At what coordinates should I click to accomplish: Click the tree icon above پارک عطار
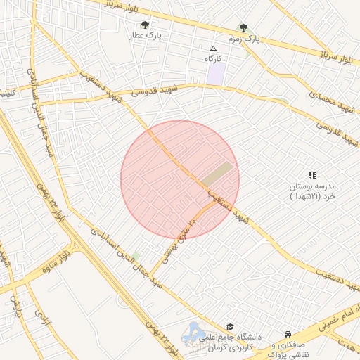click(146, 25)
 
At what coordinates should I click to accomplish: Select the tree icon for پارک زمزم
click(243, 27)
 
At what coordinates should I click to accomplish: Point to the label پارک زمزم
click(243, 39)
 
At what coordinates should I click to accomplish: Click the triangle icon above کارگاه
click(213, 49)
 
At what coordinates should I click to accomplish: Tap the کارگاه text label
click(213, 58)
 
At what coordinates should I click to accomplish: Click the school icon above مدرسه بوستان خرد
click(312, 175)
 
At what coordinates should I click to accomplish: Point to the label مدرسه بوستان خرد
click(314, 191)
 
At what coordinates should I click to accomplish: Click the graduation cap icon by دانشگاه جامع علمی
click(230, 327)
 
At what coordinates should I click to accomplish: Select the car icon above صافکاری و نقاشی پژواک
click(288, 334)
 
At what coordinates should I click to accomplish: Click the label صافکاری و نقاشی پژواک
click(288, 349)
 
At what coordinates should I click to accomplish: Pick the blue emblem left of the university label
click(192, 333)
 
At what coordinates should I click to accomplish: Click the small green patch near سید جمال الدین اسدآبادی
click(136, 255)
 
